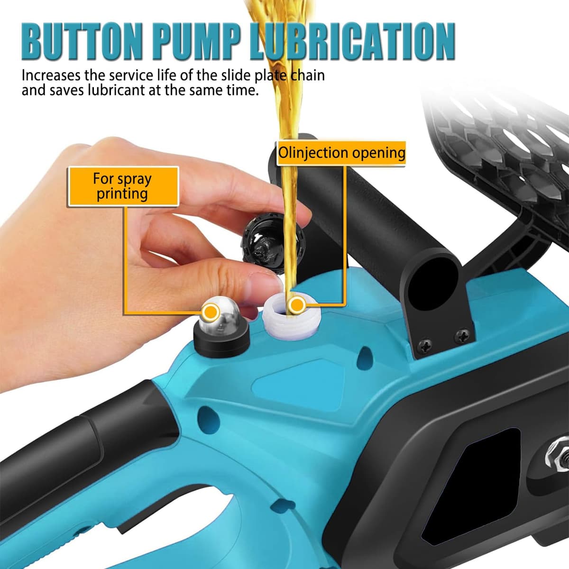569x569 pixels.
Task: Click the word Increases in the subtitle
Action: [x=51, y=75]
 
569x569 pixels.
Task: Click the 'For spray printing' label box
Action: [x=123, y=186]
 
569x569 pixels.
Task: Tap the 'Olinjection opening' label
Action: [x=341, y=153]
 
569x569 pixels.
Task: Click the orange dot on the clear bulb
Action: [x=211, y=312]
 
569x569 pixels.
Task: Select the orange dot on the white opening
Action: [x=296, y=304]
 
